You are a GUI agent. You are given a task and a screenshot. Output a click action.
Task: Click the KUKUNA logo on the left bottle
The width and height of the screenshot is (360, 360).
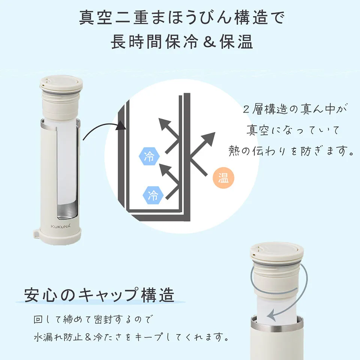click(x=61, y=226)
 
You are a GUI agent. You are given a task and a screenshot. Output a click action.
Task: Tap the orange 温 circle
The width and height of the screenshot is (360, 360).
click(x=223, y=178)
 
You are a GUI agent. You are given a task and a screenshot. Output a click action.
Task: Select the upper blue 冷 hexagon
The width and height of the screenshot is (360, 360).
click(x=149, y=156)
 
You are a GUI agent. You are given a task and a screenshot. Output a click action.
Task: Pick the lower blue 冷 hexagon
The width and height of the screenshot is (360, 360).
click(x=153, y=195)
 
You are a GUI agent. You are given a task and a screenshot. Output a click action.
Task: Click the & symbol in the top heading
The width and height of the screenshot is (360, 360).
click(x=209, y=42)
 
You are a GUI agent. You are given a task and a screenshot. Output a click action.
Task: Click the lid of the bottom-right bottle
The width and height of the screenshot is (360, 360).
click(x=276, y=252)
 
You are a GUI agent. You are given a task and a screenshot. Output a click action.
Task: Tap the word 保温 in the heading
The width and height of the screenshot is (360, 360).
click(x=236, y=42)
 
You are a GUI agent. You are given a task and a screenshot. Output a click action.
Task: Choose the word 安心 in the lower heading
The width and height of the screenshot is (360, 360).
click(x=40, y=295)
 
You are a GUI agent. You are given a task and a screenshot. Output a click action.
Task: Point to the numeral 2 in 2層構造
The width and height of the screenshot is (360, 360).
click(x=246, y=109)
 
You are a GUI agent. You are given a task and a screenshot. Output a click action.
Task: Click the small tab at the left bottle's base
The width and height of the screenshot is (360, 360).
click(x=36, y=233)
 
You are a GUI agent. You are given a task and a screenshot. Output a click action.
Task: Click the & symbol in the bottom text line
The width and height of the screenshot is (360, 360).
click(x=88, y=337)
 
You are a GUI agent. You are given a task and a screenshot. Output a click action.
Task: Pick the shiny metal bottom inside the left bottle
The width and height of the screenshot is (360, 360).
click(x=67, y=210)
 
